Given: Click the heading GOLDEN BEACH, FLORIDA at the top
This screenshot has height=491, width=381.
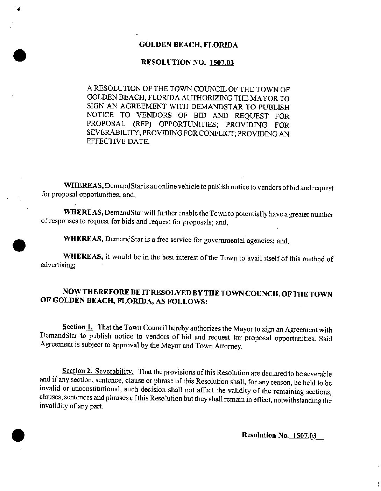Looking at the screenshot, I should [188, 45].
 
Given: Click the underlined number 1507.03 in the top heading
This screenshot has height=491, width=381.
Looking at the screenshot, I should [221, 63].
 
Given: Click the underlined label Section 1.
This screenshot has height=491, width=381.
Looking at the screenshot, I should [77, 327].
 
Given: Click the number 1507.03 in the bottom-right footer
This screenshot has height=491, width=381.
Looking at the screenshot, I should [304, 435].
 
